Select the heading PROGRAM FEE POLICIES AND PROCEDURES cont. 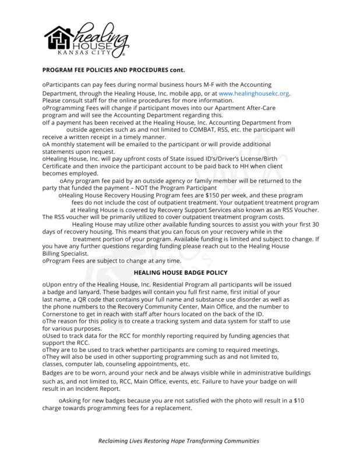(113, 70)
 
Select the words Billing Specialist (65, 254)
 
